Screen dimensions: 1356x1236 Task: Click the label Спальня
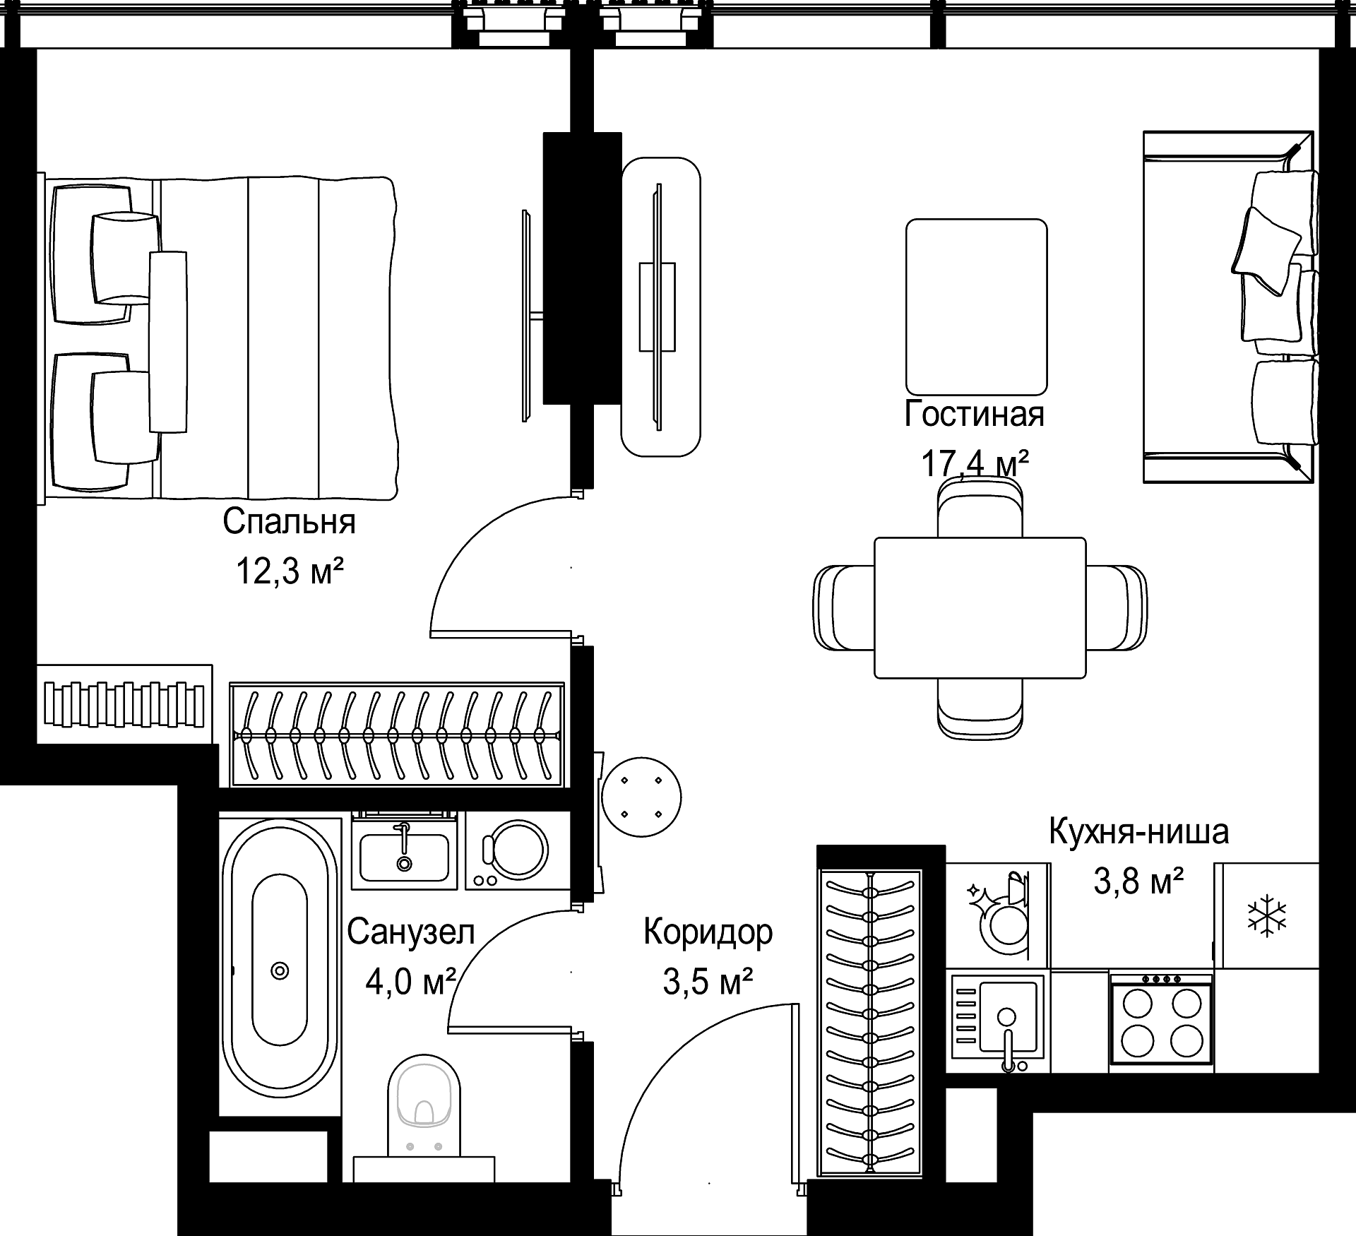click(x=289, y=522)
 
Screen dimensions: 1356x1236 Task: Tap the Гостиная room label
click(x=974, y=414)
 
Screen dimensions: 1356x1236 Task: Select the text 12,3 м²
click(x=289, y=571)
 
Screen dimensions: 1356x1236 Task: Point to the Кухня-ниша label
click(x=1138, y=831)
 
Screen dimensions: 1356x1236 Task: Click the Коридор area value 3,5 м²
click(x=708, y=981)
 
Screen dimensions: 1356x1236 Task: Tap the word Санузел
click(x=410, y=932)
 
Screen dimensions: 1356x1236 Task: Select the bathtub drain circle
click(x=280, y=971)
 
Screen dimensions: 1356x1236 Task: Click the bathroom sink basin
click(x=404, y=857)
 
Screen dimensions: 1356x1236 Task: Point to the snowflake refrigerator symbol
click(x=1268, y=915)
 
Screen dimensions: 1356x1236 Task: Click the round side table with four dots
click(x=641, y=797)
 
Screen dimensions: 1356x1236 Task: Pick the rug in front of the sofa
click(x=976, y=307)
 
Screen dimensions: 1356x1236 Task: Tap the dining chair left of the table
click(x=844, y=607)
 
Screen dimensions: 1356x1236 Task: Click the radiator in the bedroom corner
click(x=124, y=703)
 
